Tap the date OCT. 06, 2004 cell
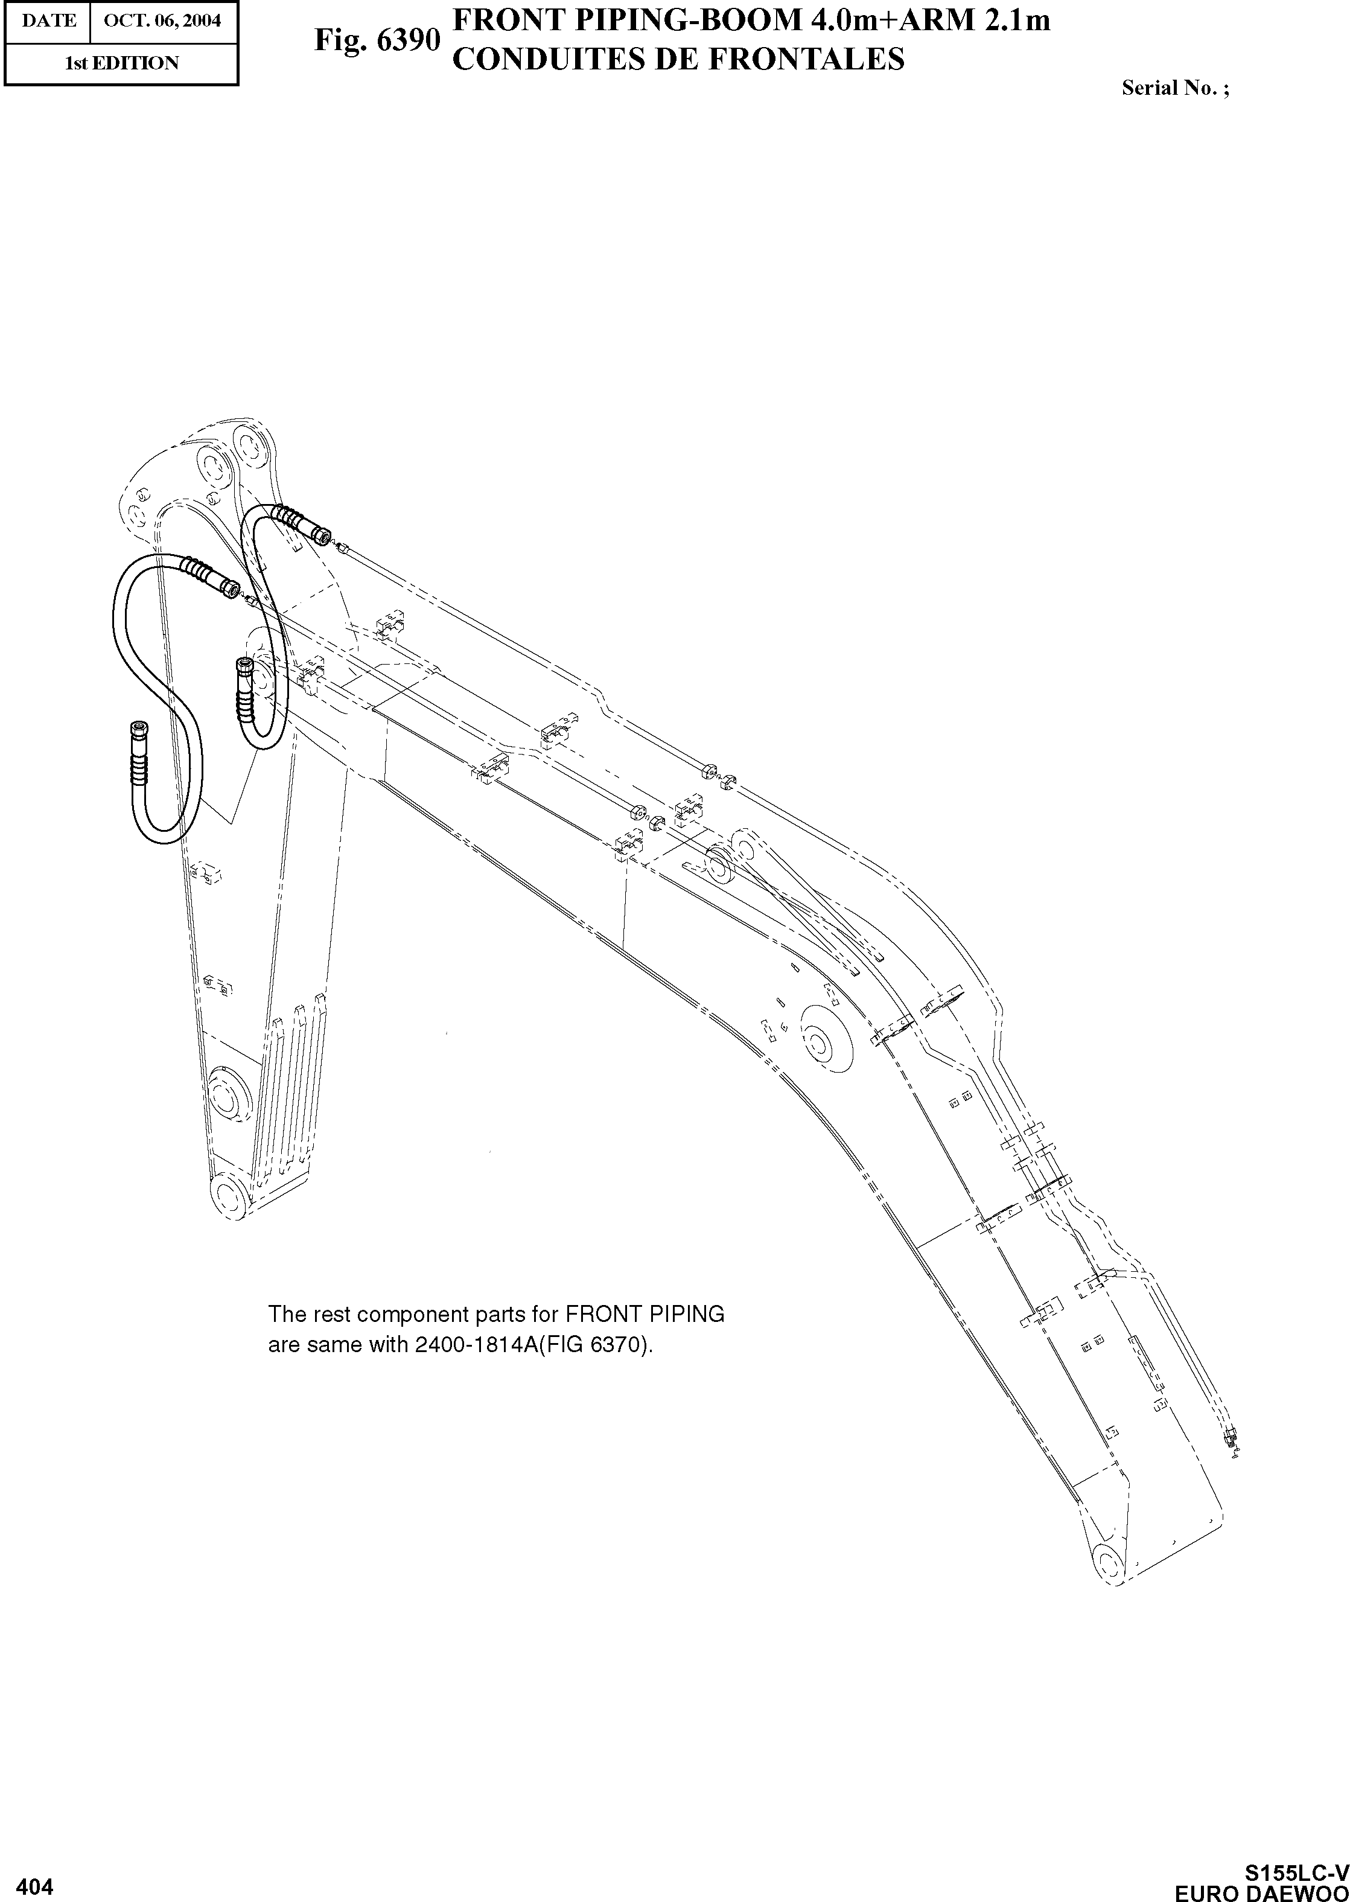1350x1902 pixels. pos(163,20)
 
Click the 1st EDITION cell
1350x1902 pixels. pos(121,63)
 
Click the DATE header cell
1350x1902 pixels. pos(48,20)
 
